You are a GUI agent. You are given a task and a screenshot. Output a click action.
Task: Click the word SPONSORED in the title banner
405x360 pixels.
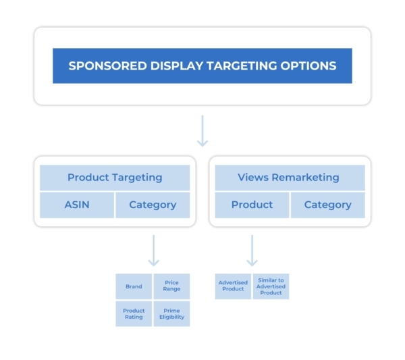103,66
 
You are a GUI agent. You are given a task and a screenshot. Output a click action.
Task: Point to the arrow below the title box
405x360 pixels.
202,130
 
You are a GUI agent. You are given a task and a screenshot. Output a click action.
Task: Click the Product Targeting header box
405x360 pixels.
115,178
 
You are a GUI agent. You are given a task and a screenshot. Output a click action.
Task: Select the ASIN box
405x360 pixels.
76,205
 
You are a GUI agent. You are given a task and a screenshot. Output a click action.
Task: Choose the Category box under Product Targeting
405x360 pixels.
153,205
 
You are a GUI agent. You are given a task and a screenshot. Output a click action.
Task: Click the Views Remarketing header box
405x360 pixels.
290,178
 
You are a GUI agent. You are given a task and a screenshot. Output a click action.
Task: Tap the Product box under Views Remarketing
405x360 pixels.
252,205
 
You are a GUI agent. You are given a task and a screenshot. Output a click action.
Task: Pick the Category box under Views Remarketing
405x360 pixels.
327,205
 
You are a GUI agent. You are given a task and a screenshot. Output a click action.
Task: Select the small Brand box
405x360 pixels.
134,286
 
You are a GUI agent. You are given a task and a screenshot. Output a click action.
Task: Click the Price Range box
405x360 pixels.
171,286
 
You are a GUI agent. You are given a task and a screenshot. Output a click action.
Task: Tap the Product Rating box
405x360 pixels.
134,314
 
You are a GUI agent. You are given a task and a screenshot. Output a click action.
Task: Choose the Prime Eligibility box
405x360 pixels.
171,314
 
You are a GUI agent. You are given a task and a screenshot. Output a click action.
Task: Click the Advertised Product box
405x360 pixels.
233,286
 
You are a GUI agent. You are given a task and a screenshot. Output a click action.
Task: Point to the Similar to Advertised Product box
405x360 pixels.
271,286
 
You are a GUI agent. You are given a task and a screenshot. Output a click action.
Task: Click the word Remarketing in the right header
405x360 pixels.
307,178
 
